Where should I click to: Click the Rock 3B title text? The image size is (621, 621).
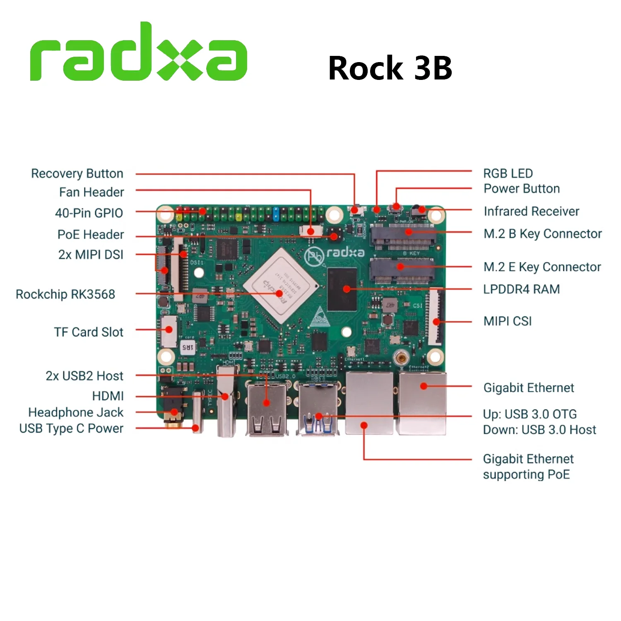click(x=390, y=68)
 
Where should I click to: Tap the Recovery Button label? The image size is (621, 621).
click(x=77, y=173)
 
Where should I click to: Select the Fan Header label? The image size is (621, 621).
click(x=91, y=192)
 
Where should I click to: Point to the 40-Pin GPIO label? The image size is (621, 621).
click(x=89, y=213)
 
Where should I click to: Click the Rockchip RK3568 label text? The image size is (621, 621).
click(x=65, y=294)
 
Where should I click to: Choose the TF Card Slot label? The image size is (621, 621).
click(x=89, y=332)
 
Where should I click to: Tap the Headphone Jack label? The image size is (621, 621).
click(x=76, y=412)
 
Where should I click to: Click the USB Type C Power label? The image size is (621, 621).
click(x=71, y=428)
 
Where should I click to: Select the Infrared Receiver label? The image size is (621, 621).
click(x=531, y=211)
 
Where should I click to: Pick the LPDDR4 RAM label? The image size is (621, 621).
click(x=521, y=289)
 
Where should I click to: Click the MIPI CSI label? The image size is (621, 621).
click(x=507, y=321)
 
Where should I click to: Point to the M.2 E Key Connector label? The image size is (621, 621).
click(x=542, y=267)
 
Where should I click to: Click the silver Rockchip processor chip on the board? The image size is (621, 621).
click(x=281, y=286)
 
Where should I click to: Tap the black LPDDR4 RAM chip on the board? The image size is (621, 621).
click(x=342, y=289)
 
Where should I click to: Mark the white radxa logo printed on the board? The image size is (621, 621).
click(x=345, y=253)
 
